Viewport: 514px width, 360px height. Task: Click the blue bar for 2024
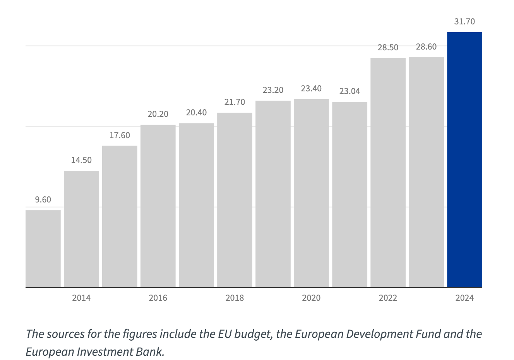coord(464,159)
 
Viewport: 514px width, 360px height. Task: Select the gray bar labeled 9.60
coord(43,249)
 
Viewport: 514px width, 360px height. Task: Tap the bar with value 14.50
coord(81,229)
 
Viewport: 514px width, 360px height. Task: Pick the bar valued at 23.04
coord(350,194)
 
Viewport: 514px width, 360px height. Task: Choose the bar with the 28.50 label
coord(388,172)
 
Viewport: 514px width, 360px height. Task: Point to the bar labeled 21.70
coord(235,200)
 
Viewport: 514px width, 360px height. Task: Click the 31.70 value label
coord(464,22)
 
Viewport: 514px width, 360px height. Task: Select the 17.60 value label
coord(120,135)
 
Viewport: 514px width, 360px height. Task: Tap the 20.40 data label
coord(196,113)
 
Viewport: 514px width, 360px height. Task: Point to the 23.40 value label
coord(311,89)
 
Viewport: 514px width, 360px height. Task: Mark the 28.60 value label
coord(426,47)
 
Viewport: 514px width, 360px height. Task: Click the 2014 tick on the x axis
coord(81,298)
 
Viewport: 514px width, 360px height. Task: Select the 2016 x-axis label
coord(158,298)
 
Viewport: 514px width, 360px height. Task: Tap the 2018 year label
coord(235,298)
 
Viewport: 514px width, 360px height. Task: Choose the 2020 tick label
coord(311,298)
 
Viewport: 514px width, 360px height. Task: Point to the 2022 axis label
coord(388,298)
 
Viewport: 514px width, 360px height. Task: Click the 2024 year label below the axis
coord(464,298)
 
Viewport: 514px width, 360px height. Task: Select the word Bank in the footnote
coord(152,352)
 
